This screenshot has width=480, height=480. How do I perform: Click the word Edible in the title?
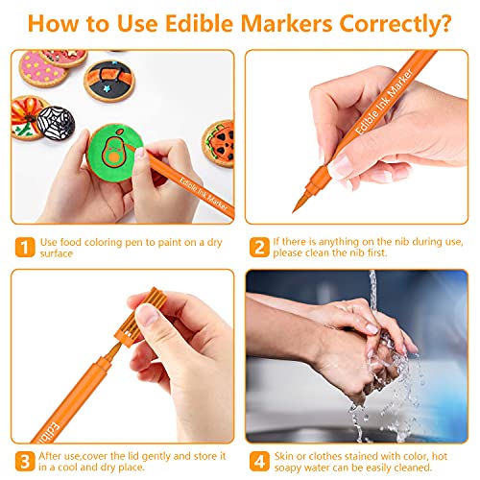(199, 23)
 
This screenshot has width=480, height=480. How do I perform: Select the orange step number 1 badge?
(25, 247)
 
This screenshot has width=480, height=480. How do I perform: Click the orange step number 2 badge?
(259, 247)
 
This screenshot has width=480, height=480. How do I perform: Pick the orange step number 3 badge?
(25, 461)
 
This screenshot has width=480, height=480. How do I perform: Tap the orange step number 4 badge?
(259, 461)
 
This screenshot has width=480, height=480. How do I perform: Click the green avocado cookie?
(114, 153)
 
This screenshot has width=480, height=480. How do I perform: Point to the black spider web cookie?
(56, 123)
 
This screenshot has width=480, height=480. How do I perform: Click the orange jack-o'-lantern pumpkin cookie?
(219, 143)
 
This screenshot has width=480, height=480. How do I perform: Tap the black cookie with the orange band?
(109, 81)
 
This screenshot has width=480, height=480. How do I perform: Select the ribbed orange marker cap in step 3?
(141, 317)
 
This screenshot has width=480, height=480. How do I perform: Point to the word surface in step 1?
(57, 253)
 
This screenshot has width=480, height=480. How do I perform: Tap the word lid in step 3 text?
(133, 456)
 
